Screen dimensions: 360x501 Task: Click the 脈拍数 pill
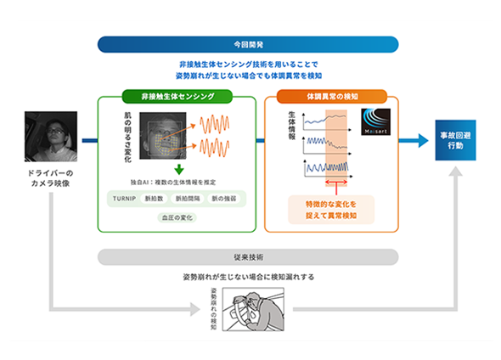point(159,199)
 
